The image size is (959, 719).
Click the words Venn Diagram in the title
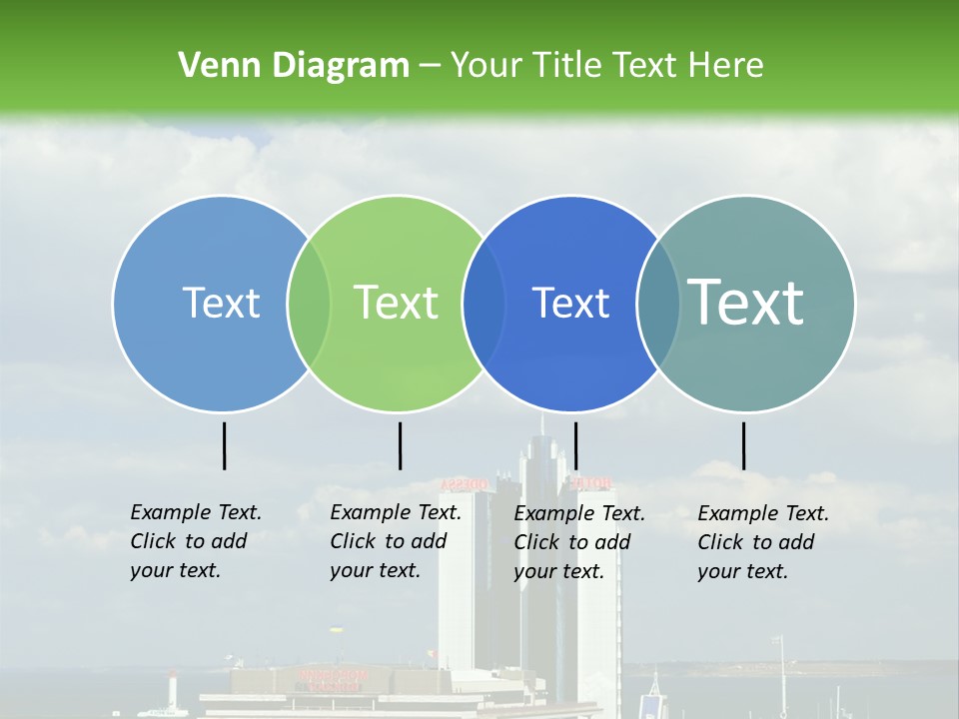click(294, 66)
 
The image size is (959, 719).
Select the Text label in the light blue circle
click(221, 303)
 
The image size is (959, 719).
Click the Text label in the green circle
click(396, 303)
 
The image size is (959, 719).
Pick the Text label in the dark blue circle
click(570, 303)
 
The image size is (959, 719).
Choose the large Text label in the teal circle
click(746, 302)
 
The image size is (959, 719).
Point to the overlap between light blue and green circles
click(309, 304)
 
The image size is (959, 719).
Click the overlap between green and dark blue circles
click(483, 304)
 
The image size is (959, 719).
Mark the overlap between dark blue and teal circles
click(657, 304)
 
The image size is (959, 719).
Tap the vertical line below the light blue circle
click(224, 445)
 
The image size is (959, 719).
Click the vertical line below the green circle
click(400, 445)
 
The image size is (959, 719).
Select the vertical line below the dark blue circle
click(575, 445)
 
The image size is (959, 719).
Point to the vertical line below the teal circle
click(743, 445)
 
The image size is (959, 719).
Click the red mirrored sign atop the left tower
click(466, 484)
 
